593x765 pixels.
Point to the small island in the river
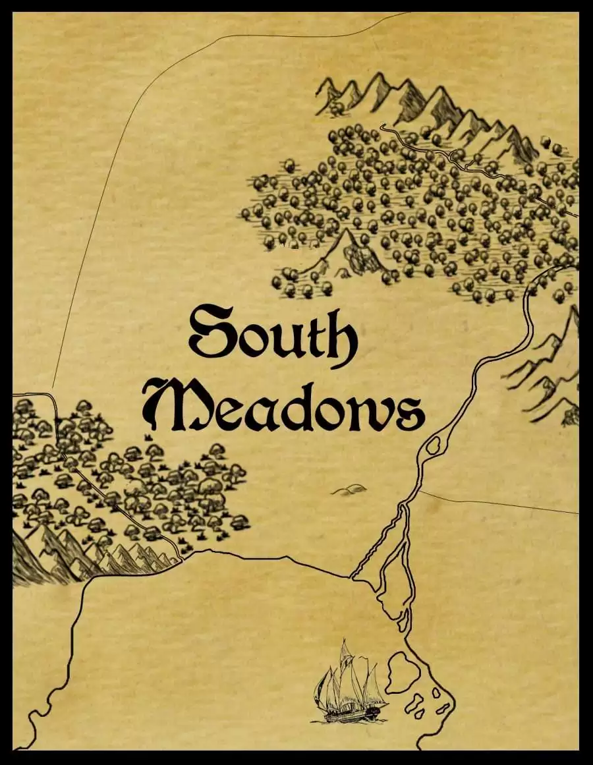(x=434, y=446)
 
